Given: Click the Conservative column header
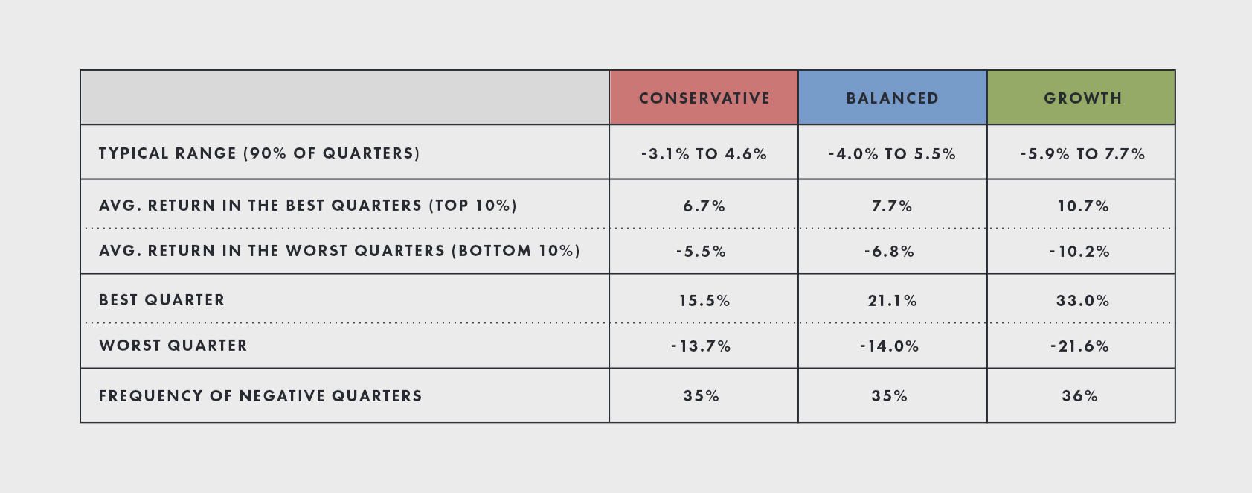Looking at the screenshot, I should pos(704,98).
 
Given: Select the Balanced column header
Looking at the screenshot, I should pos(892,98).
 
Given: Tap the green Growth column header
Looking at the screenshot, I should pos(1082,98).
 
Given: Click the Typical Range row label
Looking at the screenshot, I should pos(259,153).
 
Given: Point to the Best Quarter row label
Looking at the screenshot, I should pos(161,300).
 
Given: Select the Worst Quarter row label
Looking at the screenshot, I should pos(173,346).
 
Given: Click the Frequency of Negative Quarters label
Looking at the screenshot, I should pos(260,396).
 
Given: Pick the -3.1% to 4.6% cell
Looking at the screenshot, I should pos(704,154).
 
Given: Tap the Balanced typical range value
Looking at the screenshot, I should pos(892,154).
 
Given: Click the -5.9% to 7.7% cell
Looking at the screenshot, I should pos(1082,154).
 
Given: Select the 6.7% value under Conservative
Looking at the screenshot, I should pos(704,206).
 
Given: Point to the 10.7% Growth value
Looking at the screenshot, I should pos(1082,206).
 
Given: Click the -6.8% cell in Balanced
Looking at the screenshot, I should pos(889,252).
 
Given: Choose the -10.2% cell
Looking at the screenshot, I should pos(1079,252).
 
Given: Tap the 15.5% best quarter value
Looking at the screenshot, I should pos(704,301).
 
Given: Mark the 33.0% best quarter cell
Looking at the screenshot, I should pos(1082,301).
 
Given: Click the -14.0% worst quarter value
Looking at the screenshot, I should pos(889,346).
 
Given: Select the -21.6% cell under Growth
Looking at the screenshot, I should pos(1079,346).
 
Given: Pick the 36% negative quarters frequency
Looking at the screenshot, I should pos(1079,396).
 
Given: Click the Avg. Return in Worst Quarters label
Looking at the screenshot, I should pos(339,251).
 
